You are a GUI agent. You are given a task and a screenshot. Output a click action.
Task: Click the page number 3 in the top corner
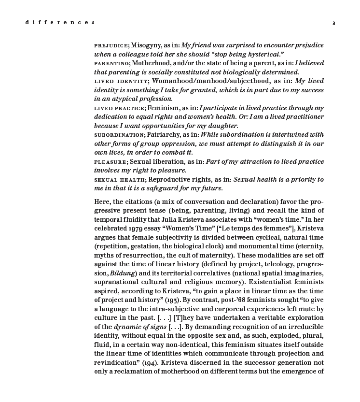click(333, 23)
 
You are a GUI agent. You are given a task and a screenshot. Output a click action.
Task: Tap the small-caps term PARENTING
click(111, 63)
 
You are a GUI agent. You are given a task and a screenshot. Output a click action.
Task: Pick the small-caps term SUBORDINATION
click(119, 135)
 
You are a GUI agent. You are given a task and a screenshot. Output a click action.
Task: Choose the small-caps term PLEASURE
click(111, 162)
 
